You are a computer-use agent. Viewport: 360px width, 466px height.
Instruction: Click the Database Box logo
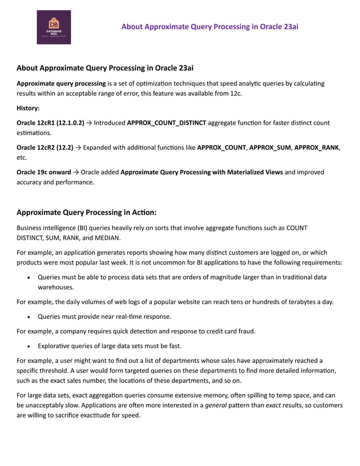click(54, 27)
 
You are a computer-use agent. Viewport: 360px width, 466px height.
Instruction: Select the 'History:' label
click(28, 107)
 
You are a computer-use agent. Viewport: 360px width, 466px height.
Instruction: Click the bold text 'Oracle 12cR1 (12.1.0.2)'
click(50, 122)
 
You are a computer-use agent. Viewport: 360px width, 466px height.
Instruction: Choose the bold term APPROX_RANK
click(317, 147)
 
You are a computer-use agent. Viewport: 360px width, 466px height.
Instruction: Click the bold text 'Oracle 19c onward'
click(44, 172)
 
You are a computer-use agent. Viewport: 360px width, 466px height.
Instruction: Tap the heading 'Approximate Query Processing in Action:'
click(86, 213)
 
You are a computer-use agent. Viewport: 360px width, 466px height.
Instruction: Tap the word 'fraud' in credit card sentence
click(245, 331)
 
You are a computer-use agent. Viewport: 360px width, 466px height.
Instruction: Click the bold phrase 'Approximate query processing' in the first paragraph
click(62, 83)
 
